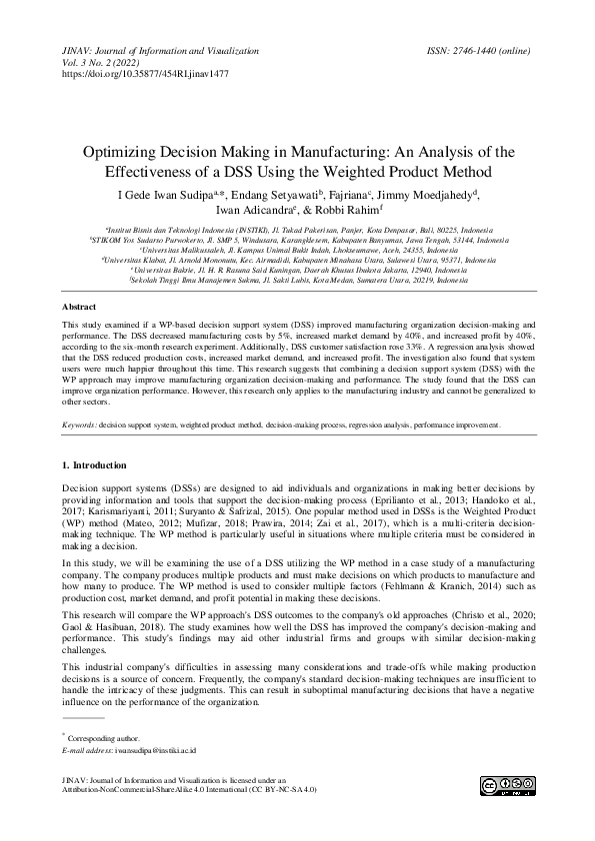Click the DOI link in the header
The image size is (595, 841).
145,74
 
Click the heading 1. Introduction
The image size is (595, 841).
96,464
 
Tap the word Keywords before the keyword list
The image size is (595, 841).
79,425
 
